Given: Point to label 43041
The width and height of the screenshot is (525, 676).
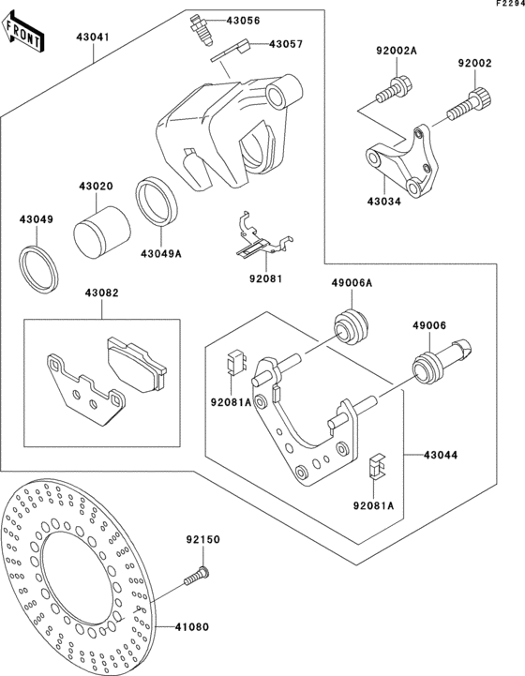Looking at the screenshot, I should tap(93, 37).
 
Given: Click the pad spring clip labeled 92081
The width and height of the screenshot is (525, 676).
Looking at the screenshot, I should tap(255, 240).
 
